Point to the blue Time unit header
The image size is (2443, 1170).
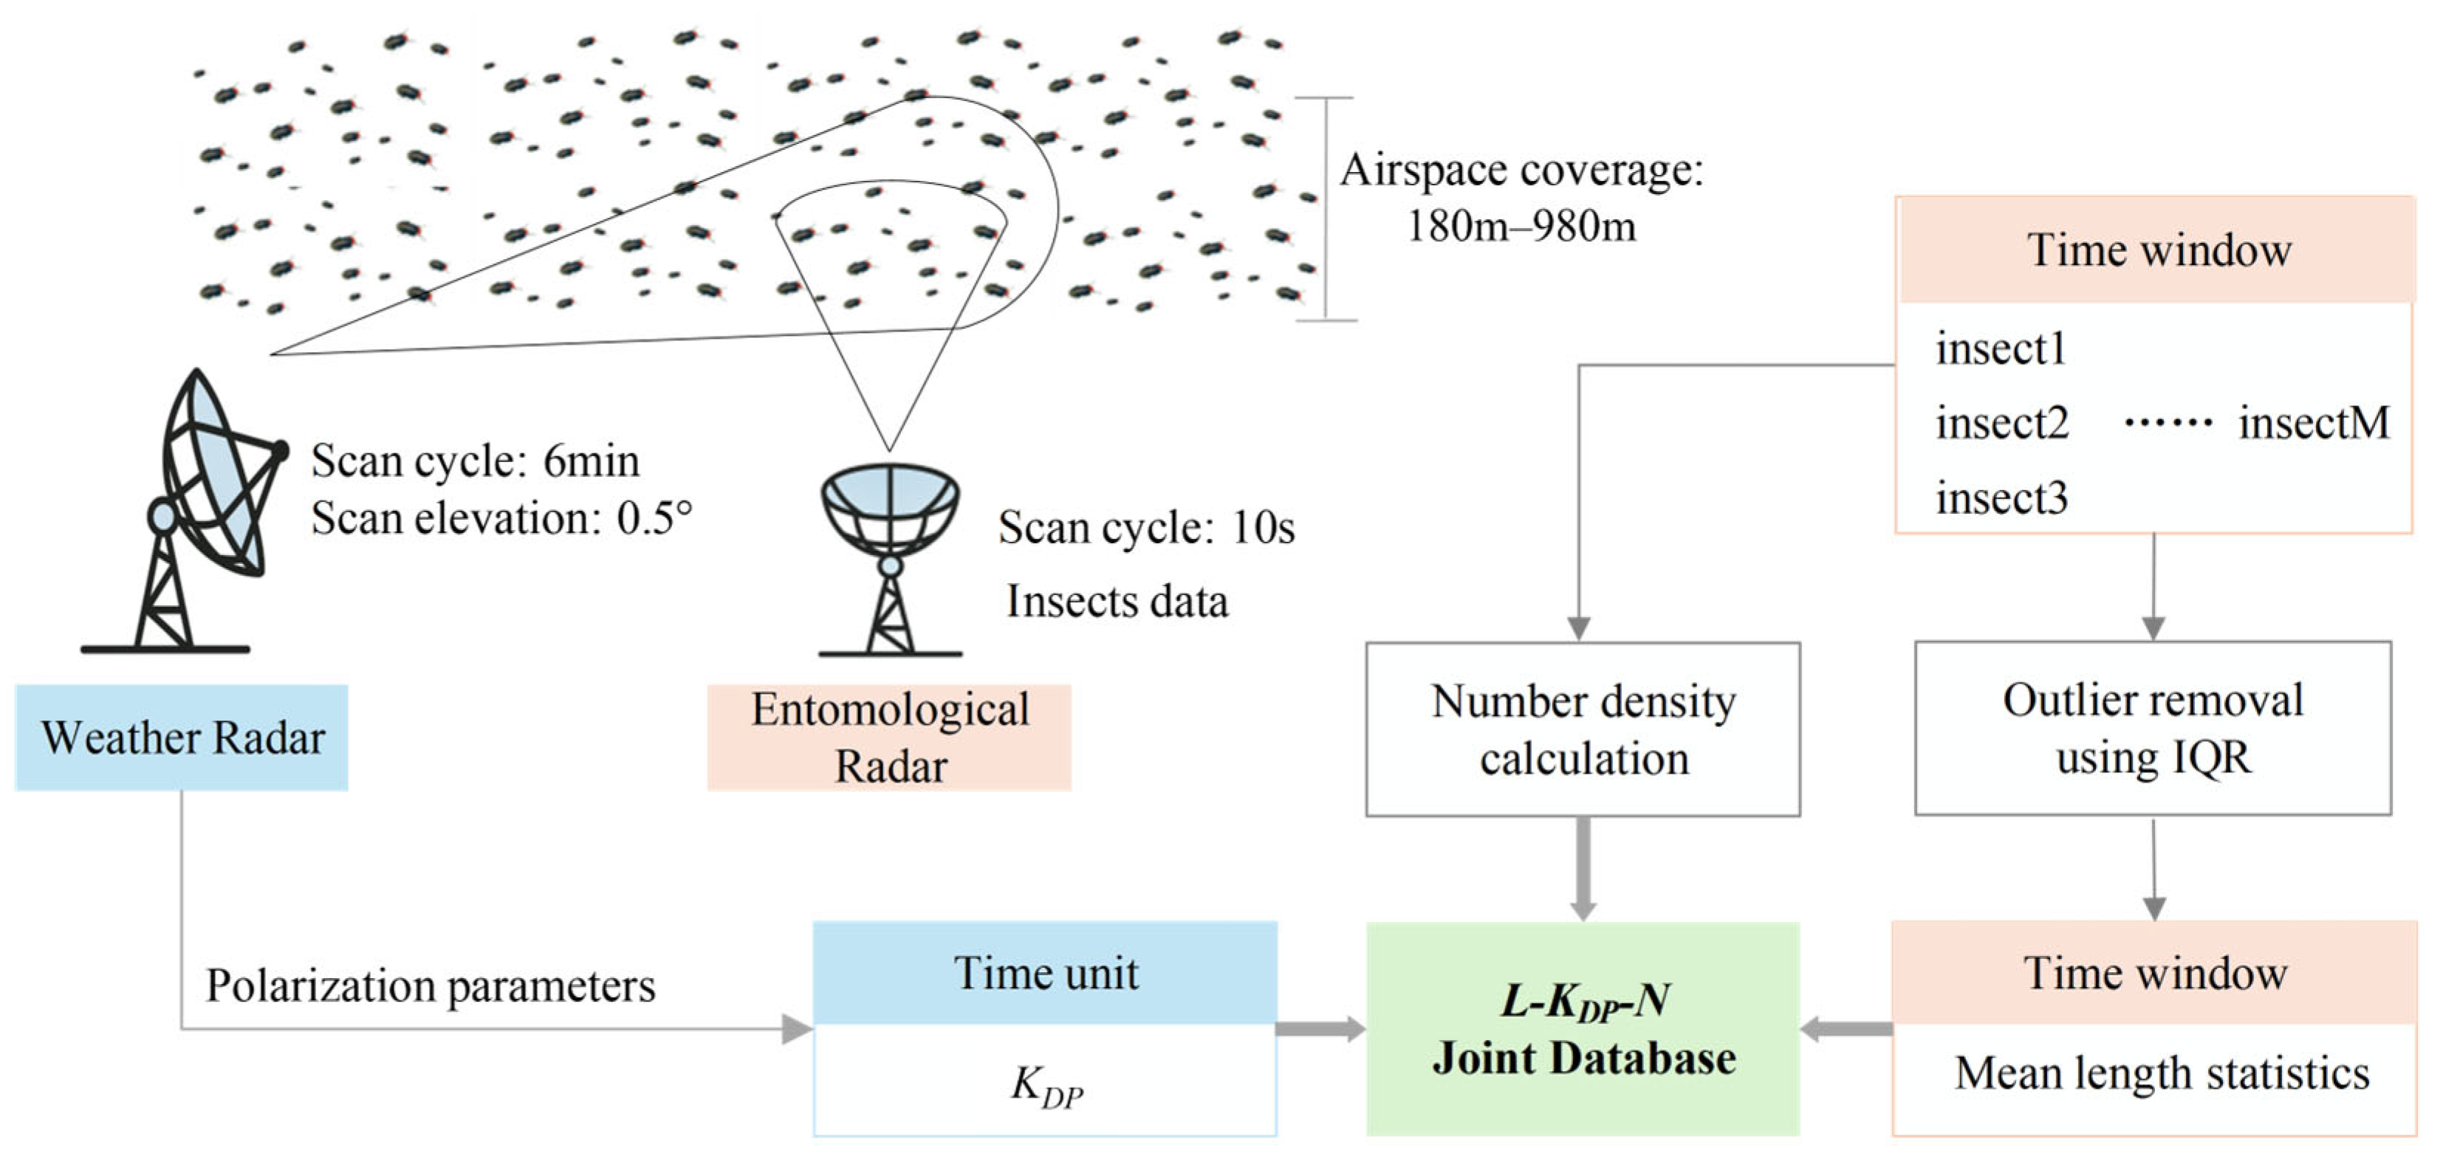tap(1045, 973)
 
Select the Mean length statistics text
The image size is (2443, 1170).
tap(2162, 1073)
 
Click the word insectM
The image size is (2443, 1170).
tap(2313, 423)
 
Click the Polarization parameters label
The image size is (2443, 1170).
tap(431, 985)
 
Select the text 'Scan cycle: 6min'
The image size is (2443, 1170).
tap(475, 461)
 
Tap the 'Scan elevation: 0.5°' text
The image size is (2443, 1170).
tap(501, 517)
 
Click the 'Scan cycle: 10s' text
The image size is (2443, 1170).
tap(1145, 527)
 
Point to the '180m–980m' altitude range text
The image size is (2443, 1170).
tap(1521, 226)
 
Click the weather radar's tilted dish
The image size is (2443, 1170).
tap(213, 474)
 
